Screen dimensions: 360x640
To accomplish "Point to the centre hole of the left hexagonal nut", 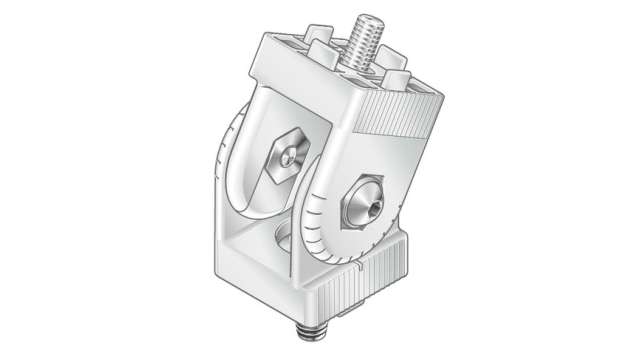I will pos(288,156).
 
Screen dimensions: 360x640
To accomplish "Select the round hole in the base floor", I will pos(283,238).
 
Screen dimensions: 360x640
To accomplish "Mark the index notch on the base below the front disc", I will pos(355,267).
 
